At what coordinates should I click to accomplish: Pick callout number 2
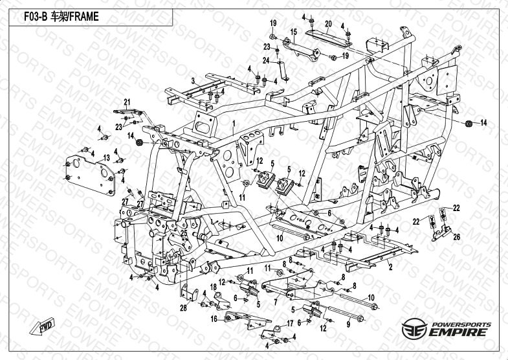point(390,265)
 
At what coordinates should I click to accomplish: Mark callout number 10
point(280,238)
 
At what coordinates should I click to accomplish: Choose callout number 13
point(106,157)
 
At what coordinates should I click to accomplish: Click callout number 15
point(293,32)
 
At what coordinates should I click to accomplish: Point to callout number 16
point(213,319)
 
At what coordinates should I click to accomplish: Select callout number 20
point(327,24)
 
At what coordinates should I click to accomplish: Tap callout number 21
point(127,101)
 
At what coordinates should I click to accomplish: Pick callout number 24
point(265,61)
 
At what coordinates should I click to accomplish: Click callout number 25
point(184,233)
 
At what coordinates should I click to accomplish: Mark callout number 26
point(457,237)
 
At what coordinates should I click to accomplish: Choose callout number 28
point(183,308)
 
